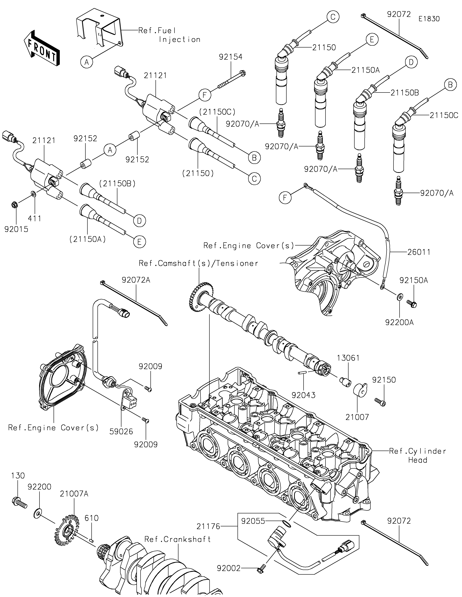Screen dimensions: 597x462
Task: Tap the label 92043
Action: pos(303,395)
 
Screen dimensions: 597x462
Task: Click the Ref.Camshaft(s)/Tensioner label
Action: pos(198,263)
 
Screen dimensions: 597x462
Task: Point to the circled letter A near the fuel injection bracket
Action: pos(87,63)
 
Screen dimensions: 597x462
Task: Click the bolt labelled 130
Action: pos(19,502)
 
